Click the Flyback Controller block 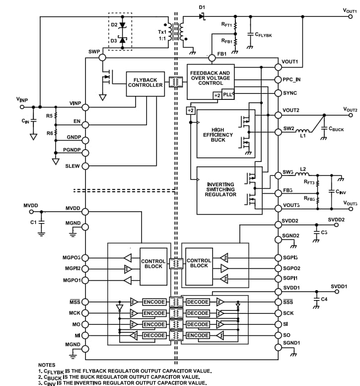coord(145,82)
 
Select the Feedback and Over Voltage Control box coord(210,78)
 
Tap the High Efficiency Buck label coord(214,135)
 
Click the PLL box coord(227,95)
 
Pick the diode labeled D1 coord(202,16)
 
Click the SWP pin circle coord(102,58)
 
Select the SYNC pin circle coord(278,93)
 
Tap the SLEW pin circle coord(85,166)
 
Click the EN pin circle coord(85,124)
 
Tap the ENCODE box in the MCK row coord(154,313)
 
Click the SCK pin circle coord(278,313)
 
